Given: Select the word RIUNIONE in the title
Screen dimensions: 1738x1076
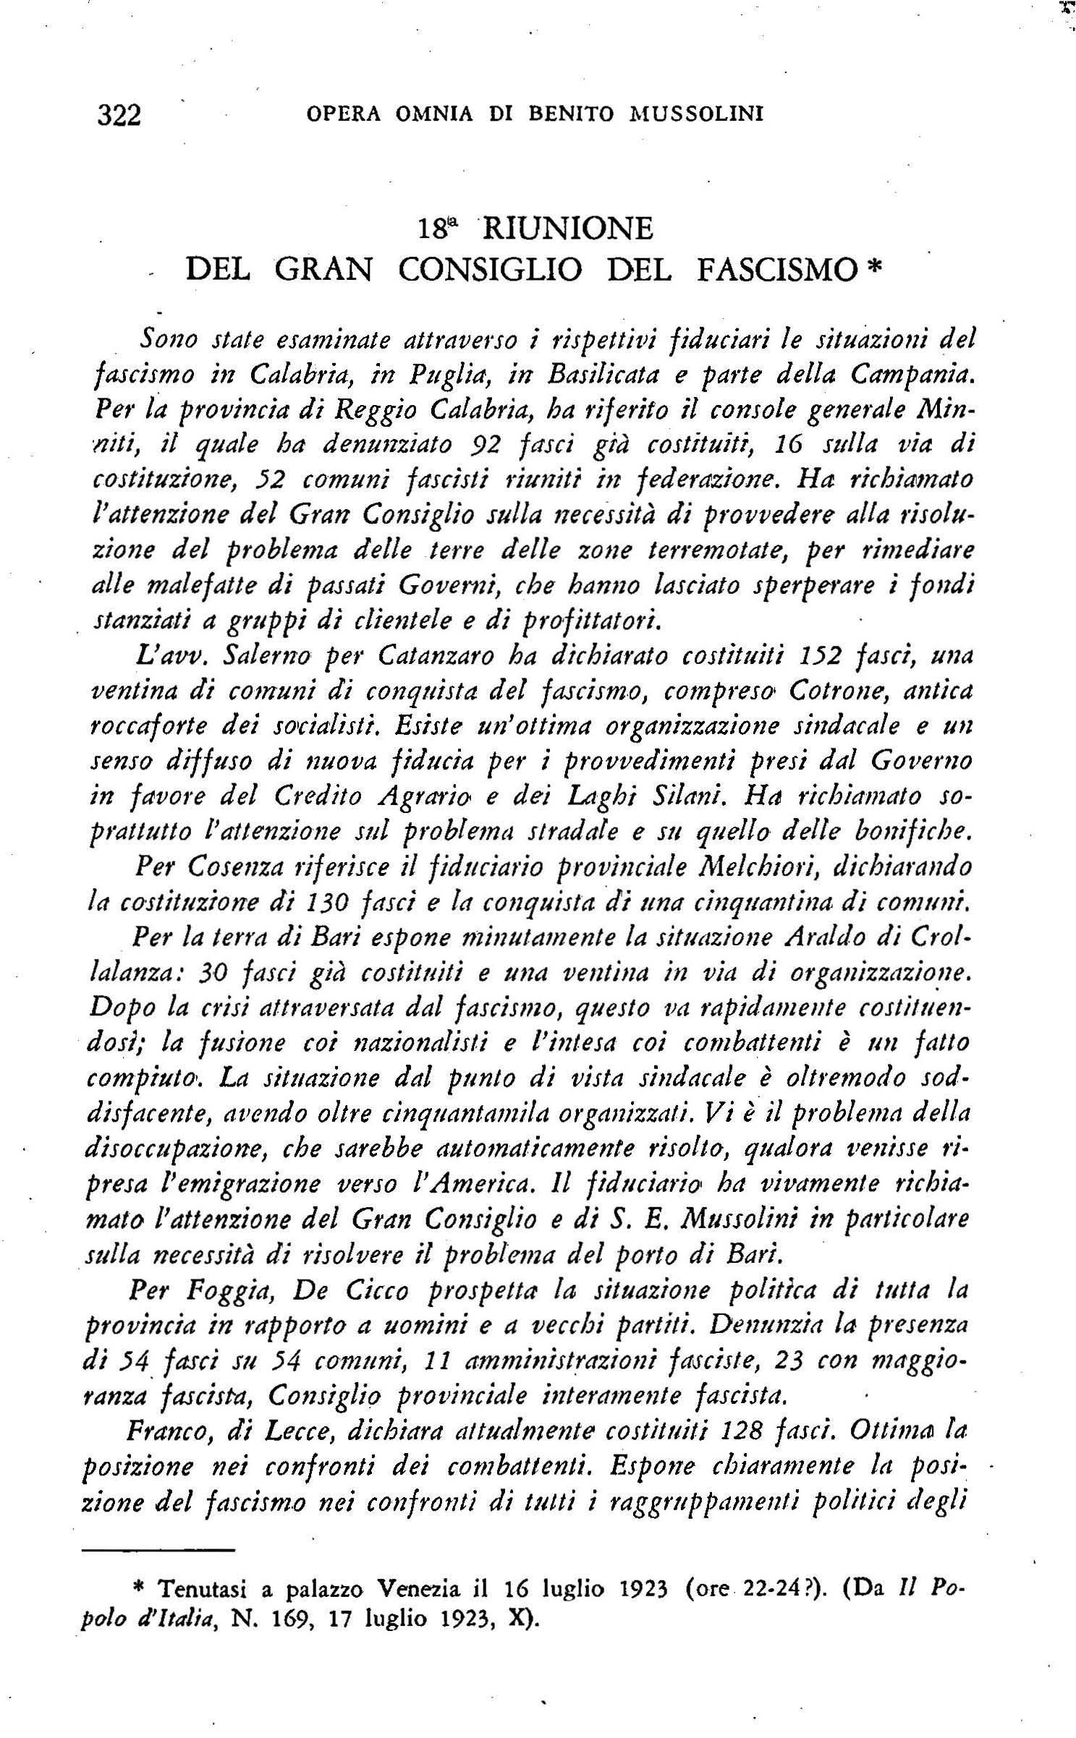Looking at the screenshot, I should coord(567,229).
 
